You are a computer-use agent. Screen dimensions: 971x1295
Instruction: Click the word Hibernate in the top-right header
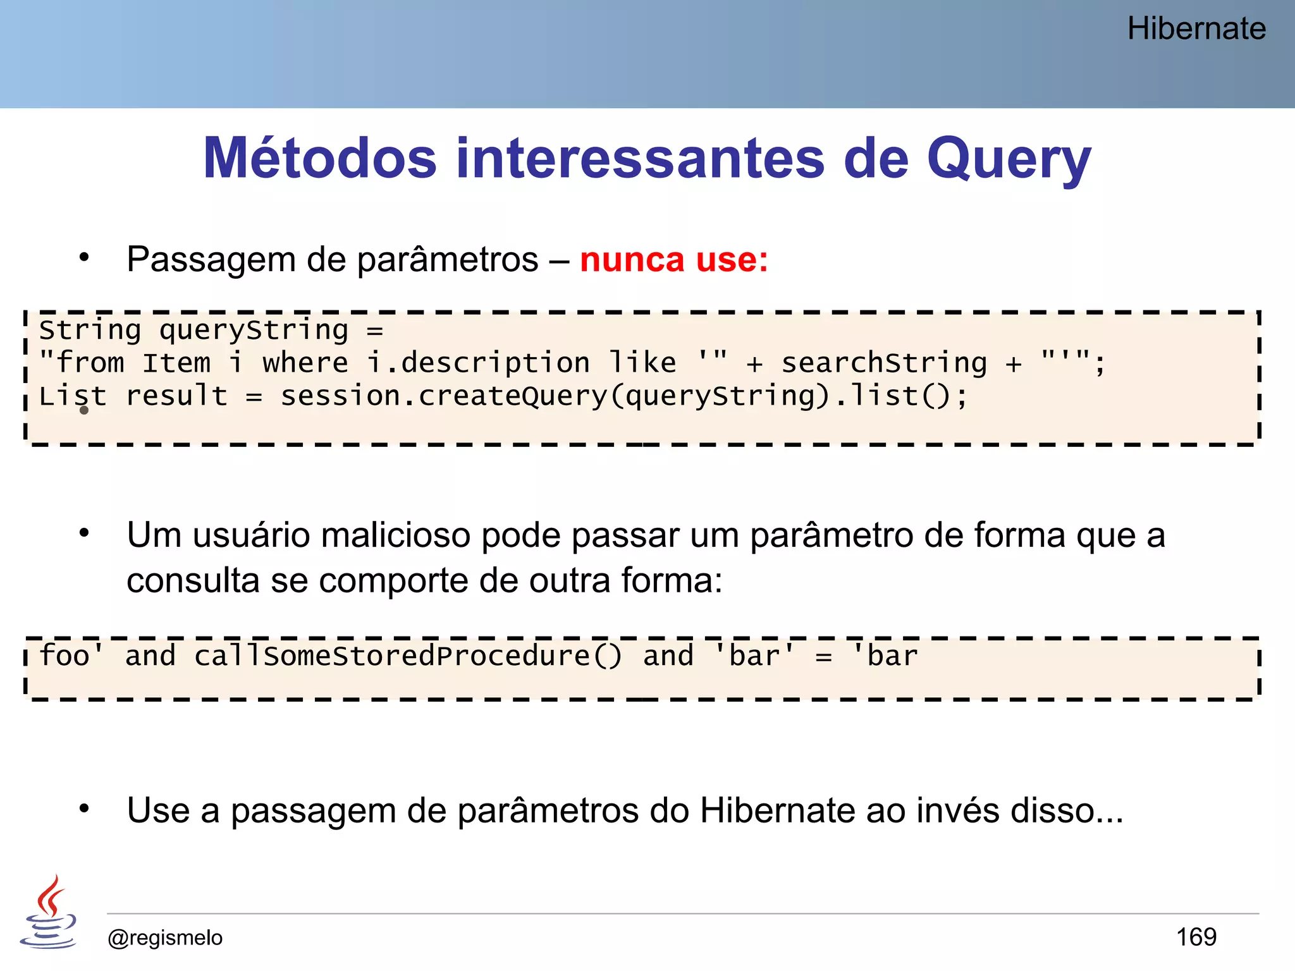click(x=1196, y=29)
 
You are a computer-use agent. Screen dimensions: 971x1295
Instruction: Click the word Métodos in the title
click(x=320, y=158)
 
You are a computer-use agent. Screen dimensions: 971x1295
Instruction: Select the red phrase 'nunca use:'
click(x=673, y=260)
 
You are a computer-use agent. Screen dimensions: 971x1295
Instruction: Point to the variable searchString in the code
click(x=884, y=363)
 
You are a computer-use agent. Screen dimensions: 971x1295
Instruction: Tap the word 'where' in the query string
click(x=305, y=363)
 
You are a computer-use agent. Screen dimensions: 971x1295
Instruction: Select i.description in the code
click(x=478, y=363)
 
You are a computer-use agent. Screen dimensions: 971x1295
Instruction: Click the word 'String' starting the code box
click(x=90, y=330)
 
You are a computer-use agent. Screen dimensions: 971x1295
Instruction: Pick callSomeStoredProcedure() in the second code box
click(x=408, y=656)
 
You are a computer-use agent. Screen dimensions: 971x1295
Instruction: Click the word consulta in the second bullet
click(x=193, y=580)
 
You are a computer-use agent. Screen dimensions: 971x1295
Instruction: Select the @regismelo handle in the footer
click(x=165, y=937)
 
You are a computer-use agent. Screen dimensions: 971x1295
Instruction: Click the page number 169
click(x=1196, y=937)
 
